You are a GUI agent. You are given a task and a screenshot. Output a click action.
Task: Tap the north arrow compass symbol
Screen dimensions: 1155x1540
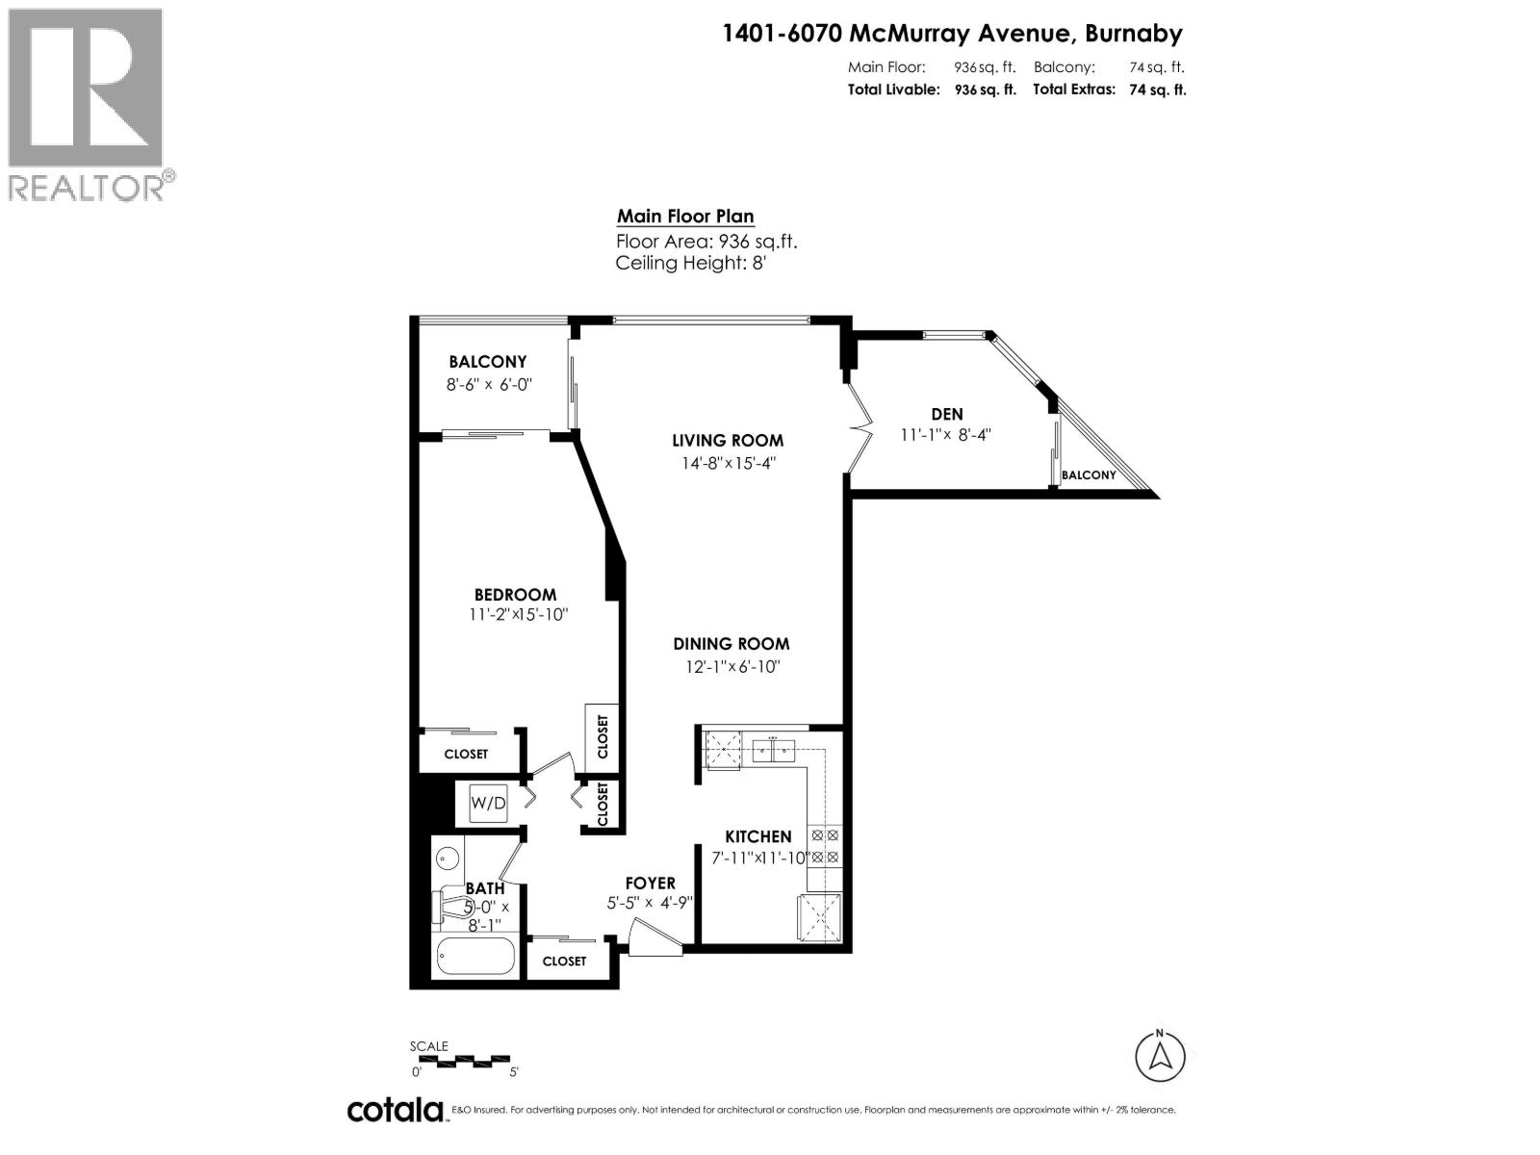click(1160, 1056)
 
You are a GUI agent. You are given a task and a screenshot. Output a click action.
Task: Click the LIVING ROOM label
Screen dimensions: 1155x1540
click(727, 441)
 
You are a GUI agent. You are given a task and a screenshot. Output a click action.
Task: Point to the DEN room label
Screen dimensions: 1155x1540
click(946, 414)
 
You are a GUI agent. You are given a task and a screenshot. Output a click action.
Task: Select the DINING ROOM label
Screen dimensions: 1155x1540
click(731, 644)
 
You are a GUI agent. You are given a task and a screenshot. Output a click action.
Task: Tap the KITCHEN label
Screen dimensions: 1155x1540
click(757, 837)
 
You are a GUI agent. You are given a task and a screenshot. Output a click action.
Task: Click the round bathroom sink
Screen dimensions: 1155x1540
click(447, 857)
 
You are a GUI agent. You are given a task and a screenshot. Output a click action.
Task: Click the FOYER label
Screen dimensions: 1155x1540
click(650, 884)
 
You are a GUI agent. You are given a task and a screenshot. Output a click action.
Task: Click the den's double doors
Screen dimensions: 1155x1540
click(859, 426)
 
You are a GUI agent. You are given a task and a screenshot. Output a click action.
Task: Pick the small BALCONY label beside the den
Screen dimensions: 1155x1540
click(1089, 475)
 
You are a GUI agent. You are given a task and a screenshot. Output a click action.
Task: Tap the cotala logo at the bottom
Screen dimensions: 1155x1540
click(396, 1110)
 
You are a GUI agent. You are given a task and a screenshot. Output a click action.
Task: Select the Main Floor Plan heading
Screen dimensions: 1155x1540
click(685, 217)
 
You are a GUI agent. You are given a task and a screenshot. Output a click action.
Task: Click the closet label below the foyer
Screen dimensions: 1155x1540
click(564, 962)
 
